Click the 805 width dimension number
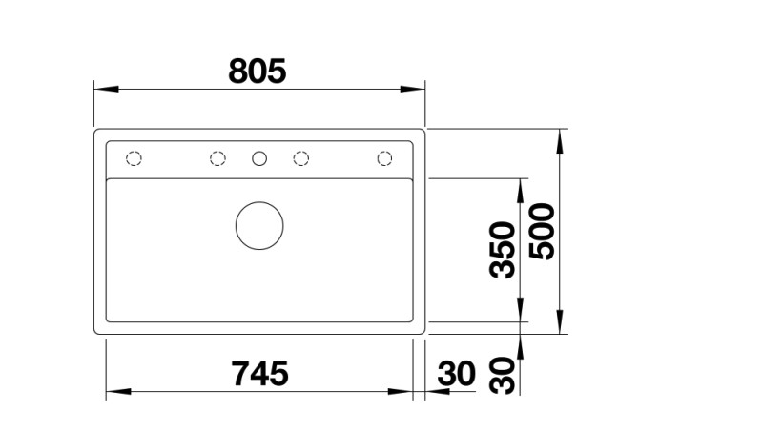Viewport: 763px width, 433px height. click(258, 71)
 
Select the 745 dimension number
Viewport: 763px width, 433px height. click(259, 374)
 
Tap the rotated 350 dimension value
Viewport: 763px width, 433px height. click(503, 250)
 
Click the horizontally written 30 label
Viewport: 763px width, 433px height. click(457, 374)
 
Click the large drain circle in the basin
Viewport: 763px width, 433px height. click(259, 226)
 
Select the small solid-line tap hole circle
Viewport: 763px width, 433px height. click(259, 158)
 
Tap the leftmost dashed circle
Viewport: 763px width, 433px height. click(134, 158)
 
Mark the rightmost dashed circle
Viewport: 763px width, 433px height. click(385, 158)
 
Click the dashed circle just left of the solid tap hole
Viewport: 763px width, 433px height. click(217, 158)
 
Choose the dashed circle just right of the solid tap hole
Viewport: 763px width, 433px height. click(301, 158)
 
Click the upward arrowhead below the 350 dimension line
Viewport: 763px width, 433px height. click(520, 346)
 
